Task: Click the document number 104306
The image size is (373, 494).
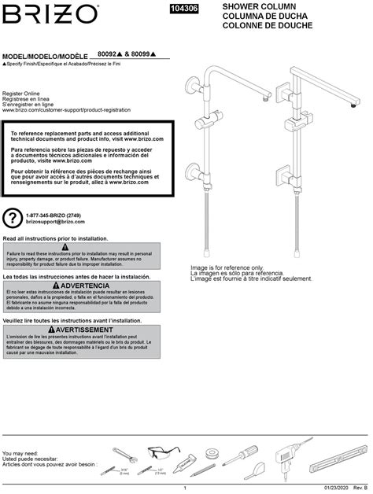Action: point(184,9)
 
